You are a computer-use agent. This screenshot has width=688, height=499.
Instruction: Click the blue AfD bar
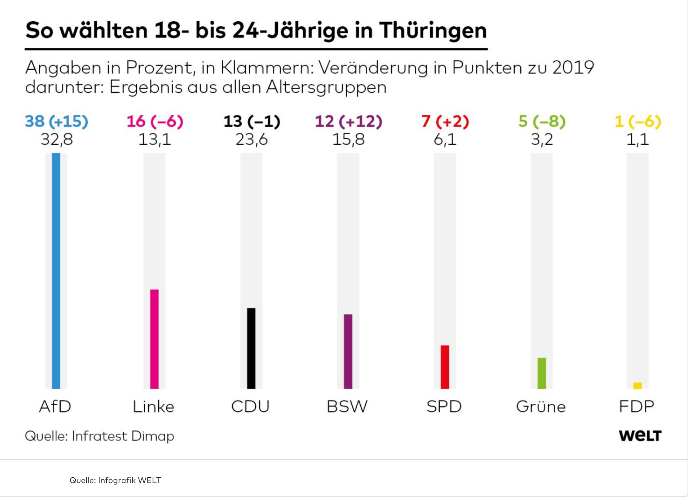(56, 270)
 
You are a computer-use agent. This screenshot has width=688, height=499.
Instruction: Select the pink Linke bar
(154, 339)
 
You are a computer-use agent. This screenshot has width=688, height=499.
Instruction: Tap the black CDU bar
(251, 348)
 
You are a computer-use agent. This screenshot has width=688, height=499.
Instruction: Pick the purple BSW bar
(348, 351)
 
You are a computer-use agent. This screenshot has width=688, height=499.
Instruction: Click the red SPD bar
(444, 366)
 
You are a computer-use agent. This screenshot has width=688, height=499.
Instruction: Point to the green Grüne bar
(541, 373)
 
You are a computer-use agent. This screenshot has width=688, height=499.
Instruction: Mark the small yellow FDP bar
(637, 386)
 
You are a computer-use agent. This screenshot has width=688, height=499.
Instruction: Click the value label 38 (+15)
(57, 121)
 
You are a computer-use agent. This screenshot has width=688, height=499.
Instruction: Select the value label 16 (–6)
(155, 121)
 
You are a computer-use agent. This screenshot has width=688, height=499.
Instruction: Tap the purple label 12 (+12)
(348, 121)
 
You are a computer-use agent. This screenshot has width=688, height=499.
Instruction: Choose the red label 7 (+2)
(445, 121)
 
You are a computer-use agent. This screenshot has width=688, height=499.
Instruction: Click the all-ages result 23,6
(251, 140)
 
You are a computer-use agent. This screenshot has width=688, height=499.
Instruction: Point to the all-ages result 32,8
(57, 140)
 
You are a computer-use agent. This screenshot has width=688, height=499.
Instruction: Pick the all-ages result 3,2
(542, 140)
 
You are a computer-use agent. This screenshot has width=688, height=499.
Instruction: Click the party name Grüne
(541, 406)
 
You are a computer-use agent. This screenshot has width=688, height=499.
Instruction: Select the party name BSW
(347, 406)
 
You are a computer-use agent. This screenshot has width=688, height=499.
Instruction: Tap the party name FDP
(636, 406)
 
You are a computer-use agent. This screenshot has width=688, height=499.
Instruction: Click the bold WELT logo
(640, 436)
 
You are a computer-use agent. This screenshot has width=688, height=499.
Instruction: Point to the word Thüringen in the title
(433, 30)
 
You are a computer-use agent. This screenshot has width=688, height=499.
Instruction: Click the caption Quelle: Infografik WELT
(115, 480)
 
